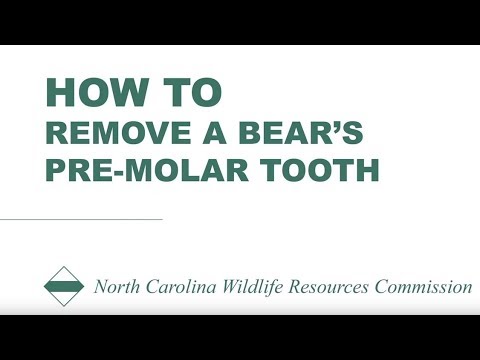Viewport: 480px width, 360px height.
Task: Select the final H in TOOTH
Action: (x=368, y=170)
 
